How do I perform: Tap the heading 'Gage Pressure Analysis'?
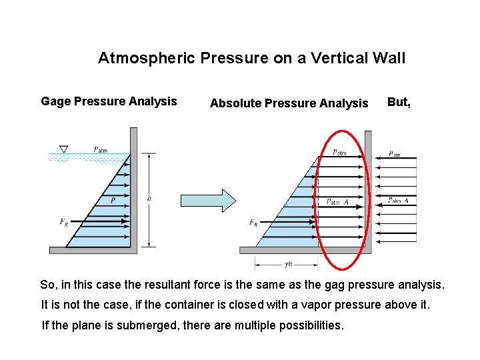pyautogui.click(x=109, y=101)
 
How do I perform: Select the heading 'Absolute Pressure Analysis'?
pyautogui.click(x=289, y=103)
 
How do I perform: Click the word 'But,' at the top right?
pyautogui.click(x=399, y=102)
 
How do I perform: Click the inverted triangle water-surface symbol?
pyautogui.click(x=64, y=149)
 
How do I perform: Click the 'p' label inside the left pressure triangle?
pyautogui.click(x=113, y=199)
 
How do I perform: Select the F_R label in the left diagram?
pyautogui.click(x=63, y=221)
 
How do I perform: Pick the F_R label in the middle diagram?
pyautogui.click(x=253, y=223)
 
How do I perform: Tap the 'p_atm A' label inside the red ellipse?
pyautogui.click(x=337, y=202)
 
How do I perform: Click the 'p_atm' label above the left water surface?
pyautogui.click(x=100, y=150)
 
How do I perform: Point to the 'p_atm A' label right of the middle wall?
pyautogui.click(x=398, y=201)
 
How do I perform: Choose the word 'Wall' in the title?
pyautogui.click(x=389, y=58)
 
